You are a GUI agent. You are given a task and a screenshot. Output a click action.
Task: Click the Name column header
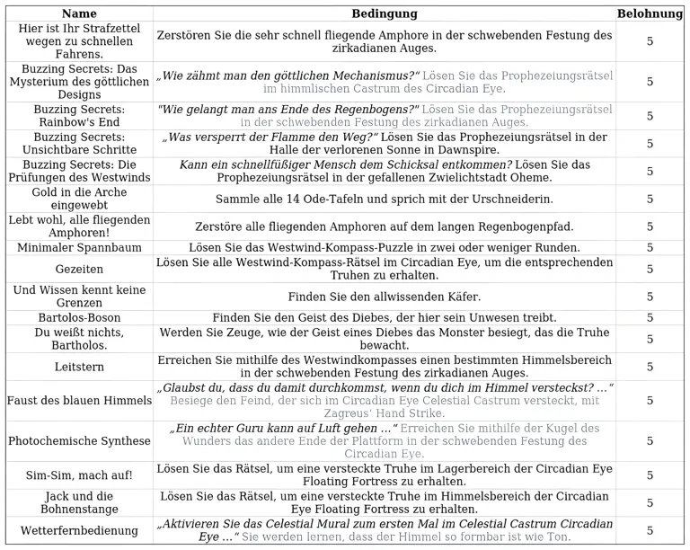(79, 13)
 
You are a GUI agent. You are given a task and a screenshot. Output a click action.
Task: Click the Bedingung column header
(384, 13)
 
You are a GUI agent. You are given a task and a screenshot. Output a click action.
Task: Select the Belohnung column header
(650, 13)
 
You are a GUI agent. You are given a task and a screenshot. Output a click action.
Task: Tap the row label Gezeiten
(79, 269)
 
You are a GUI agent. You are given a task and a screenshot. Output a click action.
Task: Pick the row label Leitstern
(79, 367)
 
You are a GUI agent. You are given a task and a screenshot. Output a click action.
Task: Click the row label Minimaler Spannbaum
(79, 247)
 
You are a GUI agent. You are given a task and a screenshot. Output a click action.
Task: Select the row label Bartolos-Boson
(79, 317)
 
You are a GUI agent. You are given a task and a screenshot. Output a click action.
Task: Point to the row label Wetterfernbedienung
(79, 530)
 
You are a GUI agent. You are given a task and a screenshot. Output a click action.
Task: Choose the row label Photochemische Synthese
(79, 441)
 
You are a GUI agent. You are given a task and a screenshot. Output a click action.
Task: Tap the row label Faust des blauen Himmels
(79, 400)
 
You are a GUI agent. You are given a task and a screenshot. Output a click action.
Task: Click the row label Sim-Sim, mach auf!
(79, 475)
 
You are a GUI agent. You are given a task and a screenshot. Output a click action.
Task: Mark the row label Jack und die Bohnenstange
(79, 502)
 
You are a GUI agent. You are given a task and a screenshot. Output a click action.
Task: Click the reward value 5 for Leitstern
(650, 367)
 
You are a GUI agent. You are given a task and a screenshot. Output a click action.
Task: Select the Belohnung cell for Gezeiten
(650, 269)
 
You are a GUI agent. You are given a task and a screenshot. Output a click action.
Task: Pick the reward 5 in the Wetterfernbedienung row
(650, 530)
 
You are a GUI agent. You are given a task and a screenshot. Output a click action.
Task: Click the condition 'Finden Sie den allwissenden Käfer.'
(384, 297)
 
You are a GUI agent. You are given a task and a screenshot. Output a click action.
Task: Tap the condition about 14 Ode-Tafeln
(384, 199)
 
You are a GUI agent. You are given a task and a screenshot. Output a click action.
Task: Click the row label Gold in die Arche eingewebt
(79, 200)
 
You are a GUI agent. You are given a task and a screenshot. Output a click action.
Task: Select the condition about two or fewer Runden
(384, 247)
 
